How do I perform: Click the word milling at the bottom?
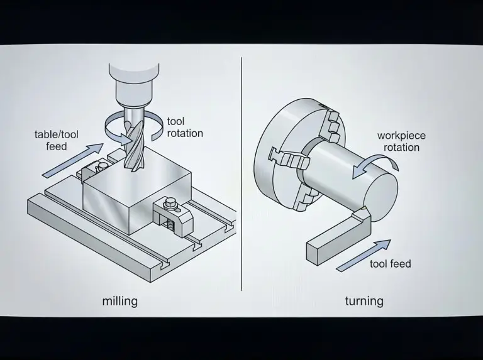119,301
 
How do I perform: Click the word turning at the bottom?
364,301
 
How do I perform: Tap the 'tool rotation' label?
185,127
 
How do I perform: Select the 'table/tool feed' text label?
56,140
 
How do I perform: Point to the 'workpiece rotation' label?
401,141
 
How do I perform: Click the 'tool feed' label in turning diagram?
391,263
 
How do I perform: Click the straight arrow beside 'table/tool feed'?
72,160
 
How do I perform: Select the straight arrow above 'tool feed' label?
363,256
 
